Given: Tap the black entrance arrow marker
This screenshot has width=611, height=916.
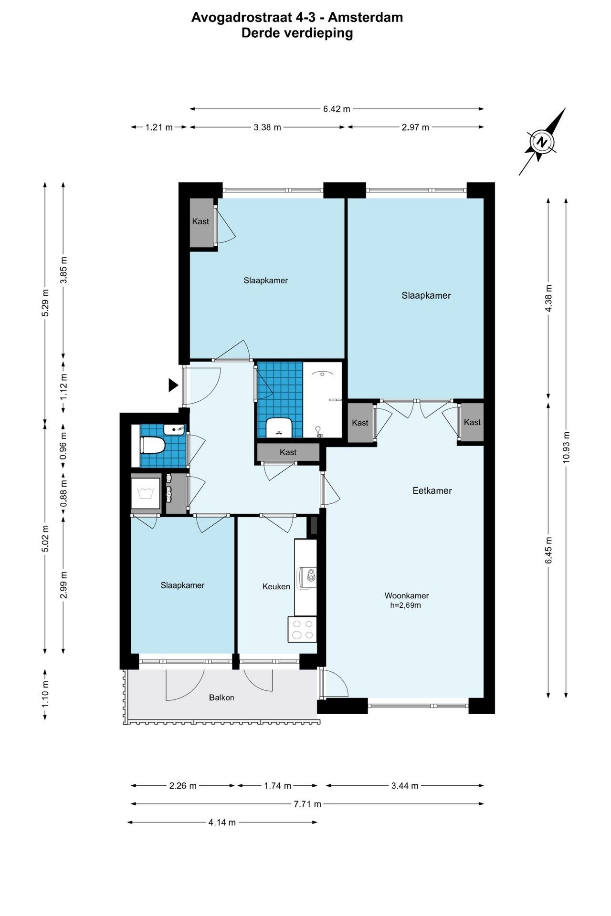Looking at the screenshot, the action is coord(173,385).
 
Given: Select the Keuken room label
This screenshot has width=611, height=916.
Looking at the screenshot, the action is coord(276,586).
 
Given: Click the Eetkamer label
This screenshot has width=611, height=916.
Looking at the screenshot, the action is coord(432,490).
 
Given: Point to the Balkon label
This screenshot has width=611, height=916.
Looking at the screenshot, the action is coord(221,697).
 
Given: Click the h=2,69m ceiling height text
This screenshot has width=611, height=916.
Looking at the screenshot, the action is coord(405,605).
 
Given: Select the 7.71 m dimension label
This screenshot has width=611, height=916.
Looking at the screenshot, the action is coord(307,804).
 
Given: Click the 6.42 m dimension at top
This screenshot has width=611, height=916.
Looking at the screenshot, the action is coord(337,109).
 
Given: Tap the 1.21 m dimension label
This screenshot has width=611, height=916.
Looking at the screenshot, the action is coord(159,127).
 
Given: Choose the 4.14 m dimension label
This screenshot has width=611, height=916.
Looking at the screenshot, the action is coord(222,822).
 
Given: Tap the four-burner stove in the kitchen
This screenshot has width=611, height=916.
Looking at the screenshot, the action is coord(303,629).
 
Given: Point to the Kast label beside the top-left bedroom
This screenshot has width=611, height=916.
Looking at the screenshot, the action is coord(200,221).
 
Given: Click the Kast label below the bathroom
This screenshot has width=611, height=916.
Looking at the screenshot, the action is coord(288,452).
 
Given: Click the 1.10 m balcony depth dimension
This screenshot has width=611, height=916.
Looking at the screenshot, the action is coord(45,694).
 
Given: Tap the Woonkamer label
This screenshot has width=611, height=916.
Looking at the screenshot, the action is coord(407,596).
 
